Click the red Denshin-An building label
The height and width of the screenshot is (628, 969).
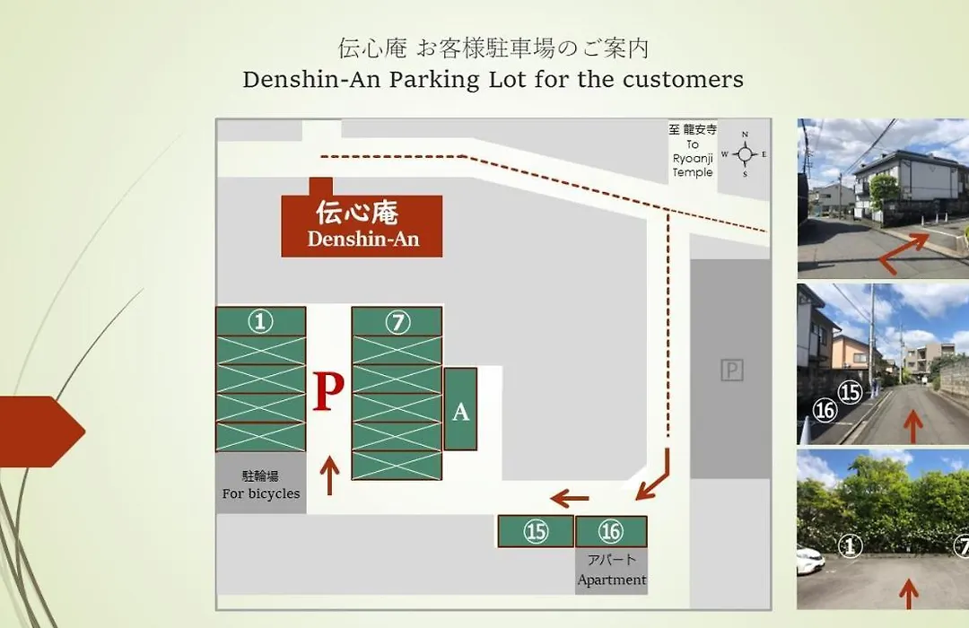(362, 225)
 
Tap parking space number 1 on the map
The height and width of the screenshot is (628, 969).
(261, 321)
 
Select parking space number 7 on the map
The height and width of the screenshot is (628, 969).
(397, 321)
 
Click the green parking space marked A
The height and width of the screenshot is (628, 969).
(460, 409)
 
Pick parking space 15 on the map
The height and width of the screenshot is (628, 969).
(536, 531)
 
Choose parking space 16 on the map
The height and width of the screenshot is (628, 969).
(611, 531)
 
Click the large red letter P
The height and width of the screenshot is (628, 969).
(328, 391)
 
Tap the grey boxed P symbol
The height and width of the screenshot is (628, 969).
(732, 371)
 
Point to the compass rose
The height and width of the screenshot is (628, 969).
(745, 154)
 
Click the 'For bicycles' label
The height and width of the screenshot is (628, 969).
(261, 493)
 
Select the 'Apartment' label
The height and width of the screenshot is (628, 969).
(612, 580)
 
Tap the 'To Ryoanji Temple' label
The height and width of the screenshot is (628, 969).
(693, 151)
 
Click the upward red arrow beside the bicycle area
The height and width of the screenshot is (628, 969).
(329, 475)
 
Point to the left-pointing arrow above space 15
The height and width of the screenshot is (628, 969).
(570, 498)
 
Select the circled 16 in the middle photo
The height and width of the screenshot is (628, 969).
(825, 410)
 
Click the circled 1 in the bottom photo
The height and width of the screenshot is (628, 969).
(850, 545)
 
